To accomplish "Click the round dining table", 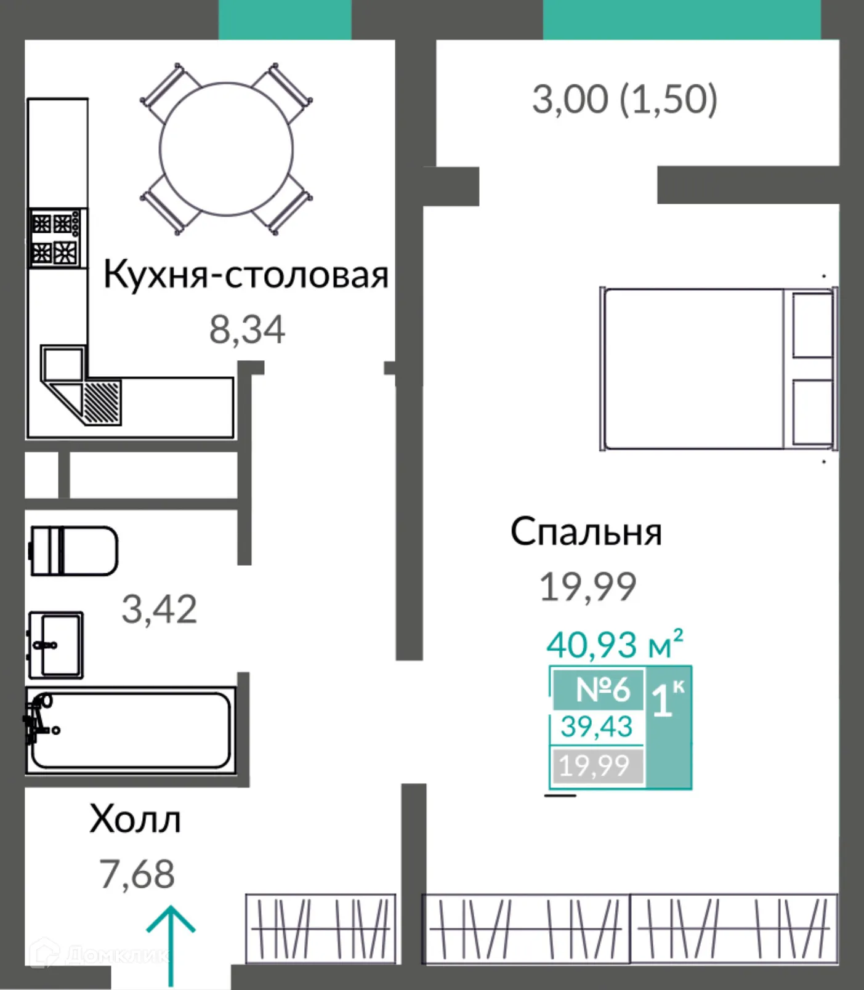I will (226, 149).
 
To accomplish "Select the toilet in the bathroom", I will (74, 550).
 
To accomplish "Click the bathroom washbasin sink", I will (56, 645).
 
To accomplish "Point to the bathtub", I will (131, 730).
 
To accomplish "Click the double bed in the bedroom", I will (717, 368).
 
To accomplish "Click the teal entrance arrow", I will (171, 945).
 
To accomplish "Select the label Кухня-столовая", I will (246, 275).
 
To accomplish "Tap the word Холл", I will (135, 819).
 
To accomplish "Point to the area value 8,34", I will (247, 329).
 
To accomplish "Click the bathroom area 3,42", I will (159, 610).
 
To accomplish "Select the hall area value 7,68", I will (137, 874).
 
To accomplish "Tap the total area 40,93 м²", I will (614, 645).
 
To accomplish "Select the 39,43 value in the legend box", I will (596, 727).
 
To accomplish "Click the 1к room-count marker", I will (668, 699).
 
